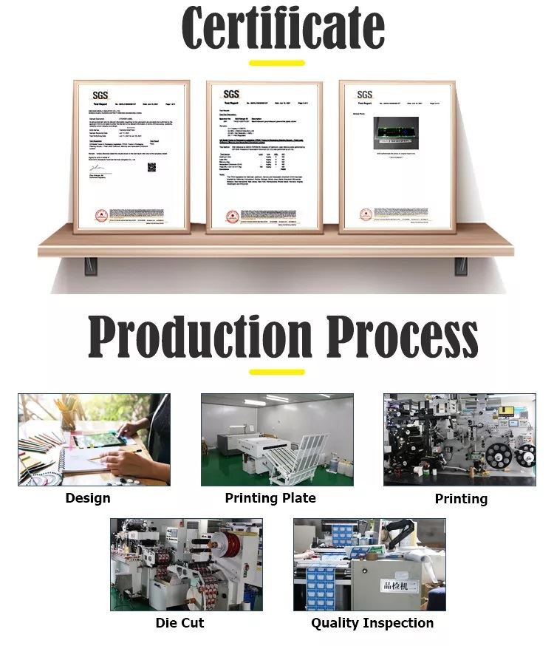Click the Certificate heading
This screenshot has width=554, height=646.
point(283,28)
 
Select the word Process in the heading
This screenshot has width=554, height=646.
point(403,338)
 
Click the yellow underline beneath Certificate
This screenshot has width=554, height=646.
point(277,63)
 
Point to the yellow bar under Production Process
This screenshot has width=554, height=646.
point(277,371)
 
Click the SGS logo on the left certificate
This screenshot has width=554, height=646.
point(100,95)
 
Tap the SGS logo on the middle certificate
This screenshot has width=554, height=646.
point(231,94)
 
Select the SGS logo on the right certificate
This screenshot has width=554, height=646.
point(365,95)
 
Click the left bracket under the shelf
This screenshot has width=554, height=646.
point(90,264)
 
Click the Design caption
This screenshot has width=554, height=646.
point(88,498)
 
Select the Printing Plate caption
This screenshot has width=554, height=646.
point(270,498)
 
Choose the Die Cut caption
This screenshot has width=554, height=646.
point(179,623)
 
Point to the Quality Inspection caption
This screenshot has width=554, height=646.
point(372,623)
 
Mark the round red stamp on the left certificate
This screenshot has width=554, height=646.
point(101,215)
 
